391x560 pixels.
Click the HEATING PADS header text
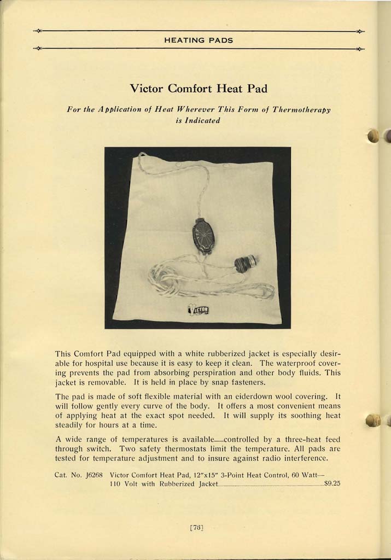click(x=199, y=40)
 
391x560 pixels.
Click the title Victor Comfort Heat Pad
click(x=198, y=88)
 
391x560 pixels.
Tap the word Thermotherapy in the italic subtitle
click(x=302, y=109)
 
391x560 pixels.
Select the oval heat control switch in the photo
click(x=203, y=236)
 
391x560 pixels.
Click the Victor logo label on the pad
click(x=199, y=310)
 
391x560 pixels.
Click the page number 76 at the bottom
click(x=196, y=527)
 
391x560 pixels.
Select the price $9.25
click(x=332, y=483)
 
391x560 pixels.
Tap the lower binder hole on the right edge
click(x=372, y=420)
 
